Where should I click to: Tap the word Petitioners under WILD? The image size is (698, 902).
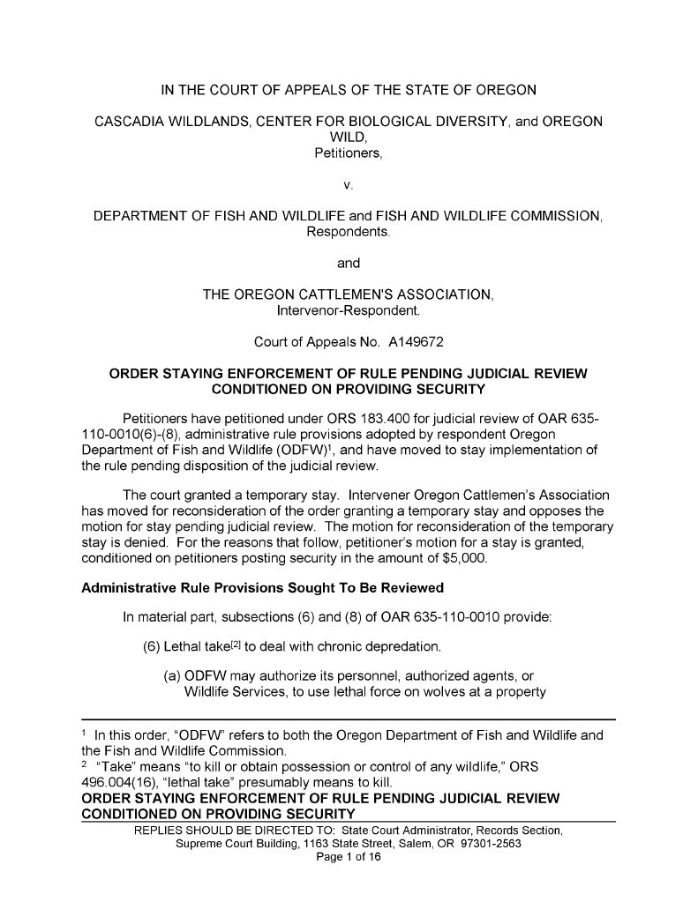[x=349, y=153]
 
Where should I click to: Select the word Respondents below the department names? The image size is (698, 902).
[x=349, y=232]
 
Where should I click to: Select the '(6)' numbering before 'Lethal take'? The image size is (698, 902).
[x=152, y=648]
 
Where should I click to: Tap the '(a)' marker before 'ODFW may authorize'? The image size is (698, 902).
[x=173, y=677]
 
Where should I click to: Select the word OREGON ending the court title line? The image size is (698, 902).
[x=507, y=89]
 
